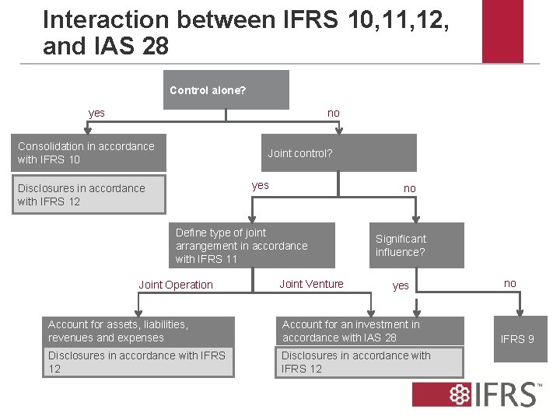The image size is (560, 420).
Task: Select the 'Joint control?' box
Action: click(338, 152)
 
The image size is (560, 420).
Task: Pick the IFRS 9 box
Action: click(516, 339)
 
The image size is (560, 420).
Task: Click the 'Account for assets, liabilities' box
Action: click(138, 331)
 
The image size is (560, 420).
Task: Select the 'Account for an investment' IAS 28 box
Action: click(371, 331)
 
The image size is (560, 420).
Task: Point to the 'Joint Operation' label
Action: click(176, 285)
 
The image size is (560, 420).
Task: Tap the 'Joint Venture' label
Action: click(311, 284)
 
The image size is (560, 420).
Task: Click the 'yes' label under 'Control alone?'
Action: click(96, 113)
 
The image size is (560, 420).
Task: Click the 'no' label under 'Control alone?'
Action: click(334, 113)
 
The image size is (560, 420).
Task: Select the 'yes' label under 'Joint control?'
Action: click(261, 185)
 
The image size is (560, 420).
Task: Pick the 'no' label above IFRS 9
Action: click(509, 283)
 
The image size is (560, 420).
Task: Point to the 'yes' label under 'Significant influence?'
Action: click(401, 285)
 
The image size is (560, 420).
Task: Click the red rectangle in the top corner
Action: click(502, 31)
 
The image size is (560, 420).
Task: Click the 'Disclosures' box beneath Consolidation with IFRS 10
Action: click(92, 194)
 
